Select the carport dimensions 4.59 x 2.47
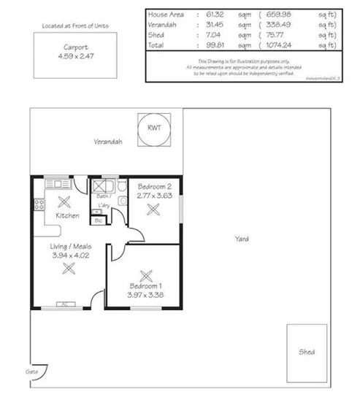pos(72,55)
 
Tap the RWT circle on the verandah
pos(155,128)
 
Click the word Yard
pos(241,239)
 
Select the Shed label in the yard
pos(307,352)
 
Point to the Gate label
pos(32,371)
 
